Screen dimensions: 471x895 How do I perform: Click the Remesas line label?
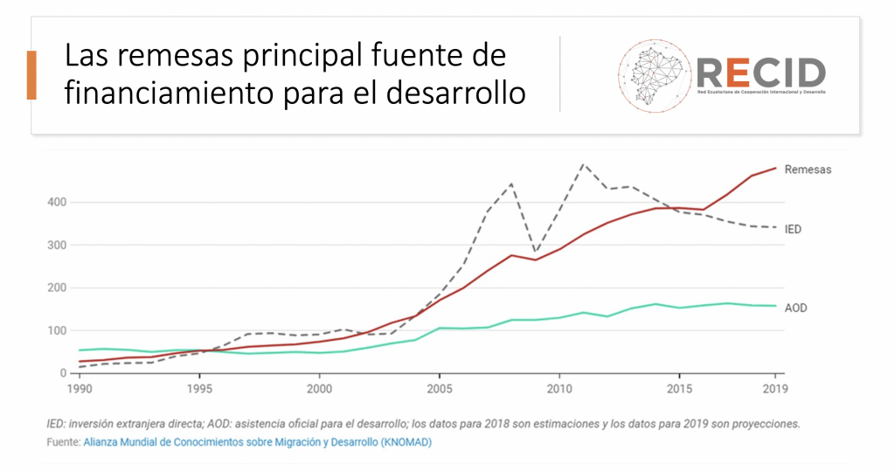coord(808,170)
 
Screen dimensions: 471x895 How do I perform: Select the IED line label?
coord(793,229)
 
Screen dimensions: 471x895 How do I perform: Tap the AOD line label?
coord(795,308)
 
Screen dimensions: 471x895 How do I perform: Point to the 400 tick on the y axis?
coord(56,202)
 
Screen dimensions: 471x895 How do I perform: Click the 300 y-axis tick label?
coord(56,245)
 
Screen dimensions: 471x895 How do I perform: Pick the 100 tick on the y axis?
coord(56,330)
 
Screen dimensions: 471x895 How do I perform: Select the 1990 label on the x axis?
coord(80,388)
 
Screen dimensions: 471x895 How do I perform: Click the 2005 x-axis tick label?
coord(440,388)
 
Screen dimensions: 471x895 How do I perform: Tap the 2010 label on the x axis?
coord(559,388)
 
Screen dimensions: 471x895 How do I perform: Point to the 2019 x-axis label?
coord(773,388)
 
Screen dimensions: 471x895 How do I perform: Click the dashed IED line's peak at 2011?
coord(584,163)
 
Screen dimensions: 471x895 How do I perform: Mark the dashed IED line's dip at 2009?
coord(536,253)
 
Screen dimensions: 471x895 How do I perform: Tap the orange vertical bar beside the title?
coord(31,75)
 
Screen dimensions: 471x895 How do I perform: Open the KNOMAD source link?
coord(257,442)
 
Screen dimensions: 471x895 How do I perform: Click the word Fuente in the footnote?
coord(62,442)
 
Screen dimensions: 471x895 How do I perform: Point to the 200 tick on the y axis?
coord(56,287)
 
